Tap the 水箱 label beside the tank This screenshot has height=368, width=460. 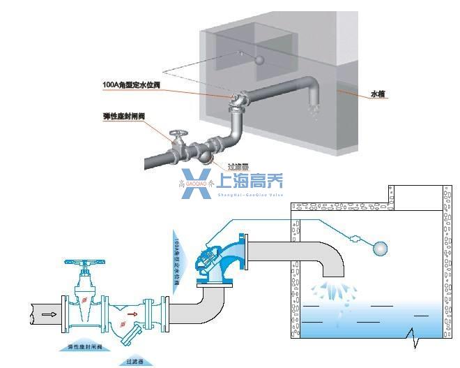[378, 93]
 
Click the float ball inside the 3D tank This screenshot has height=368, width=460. [260, 60]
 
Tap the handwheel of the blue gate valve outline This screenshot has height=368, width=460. [84, 264]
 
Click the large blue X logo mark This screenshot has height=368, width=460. [196, 183]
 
